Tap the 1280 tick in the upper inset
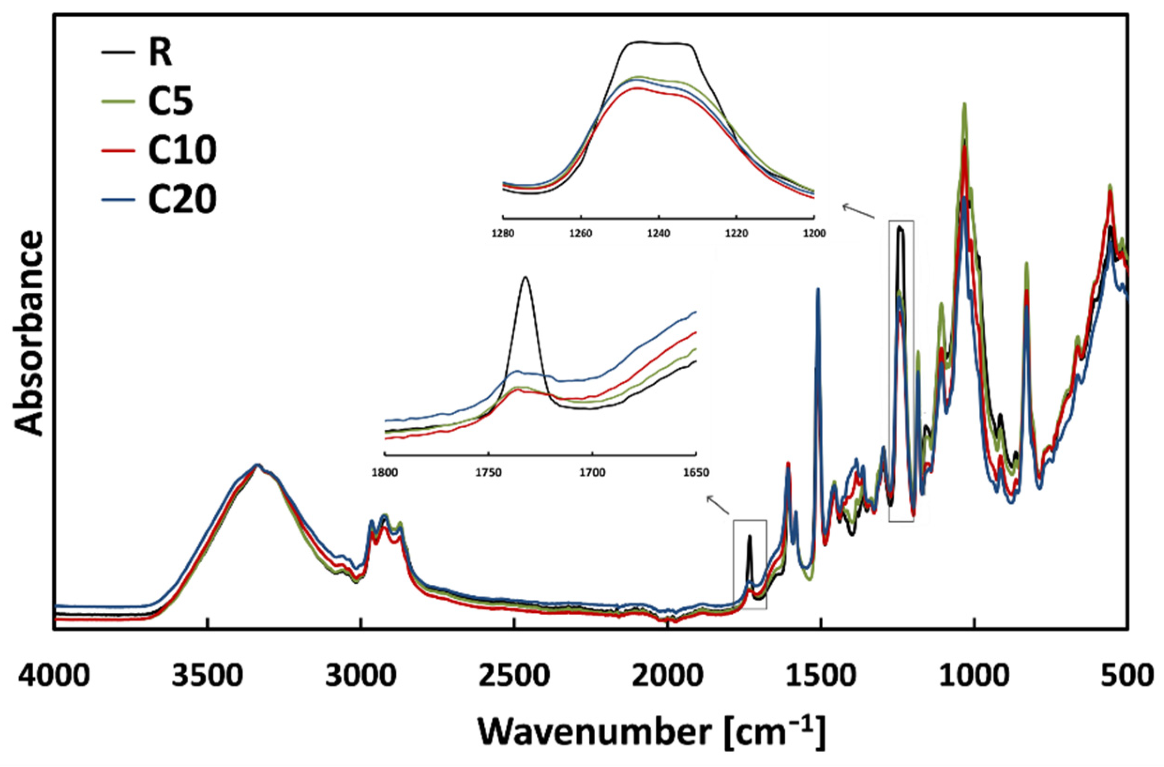503,233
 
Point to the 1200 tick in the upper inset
814,233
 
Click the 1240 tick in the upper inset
659,233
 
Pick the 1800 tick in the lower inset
385,473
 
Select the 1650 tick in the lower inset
695,473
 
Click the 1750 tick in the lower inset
488,473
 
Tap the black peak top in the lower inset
526,277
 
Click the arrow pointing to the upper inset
858,212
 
